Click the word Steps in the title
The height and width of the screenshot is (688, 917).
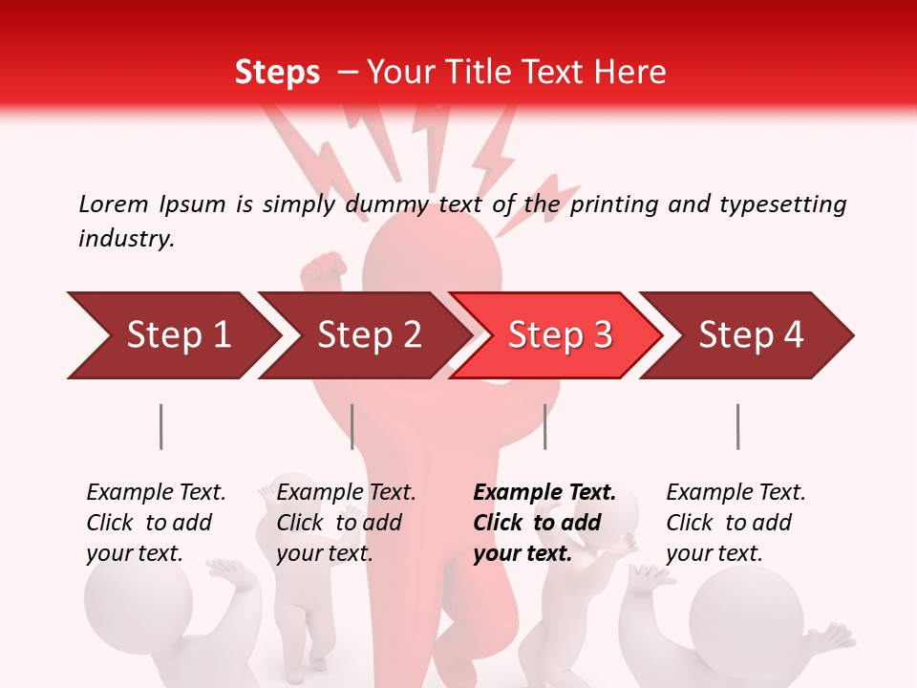point(277,73)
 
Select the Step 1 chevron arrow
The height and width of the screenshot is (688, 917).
point(172,335)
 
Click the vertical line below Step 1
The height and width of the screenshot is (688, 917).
point(161,426)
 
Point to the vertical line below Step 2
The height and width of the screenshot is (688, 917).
point(352,426)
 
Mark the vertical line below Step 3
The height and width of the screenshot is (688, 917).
point(544,426)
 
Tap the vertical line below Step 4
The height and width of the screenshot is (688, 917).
point(737,426)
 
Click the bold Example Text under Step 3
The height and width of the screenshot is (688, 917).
point(544,493)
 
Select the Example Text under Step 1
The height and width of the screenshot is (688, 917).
point(156,493)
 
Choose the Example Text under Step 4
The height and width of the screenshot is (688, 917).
point(736,493)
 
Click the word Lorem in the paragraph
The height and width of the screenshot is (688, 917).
point(113,204)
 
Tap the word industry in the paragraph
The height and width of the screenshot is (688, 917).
point(125,239)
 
